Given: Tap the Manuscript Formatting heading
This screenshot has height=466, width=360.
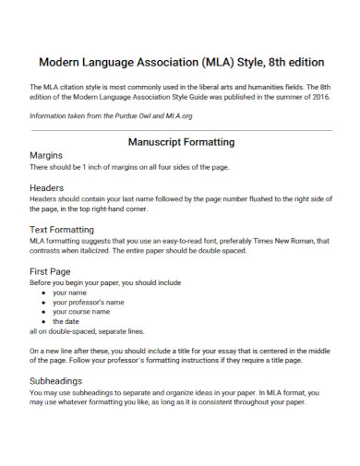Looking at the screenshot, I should (180, 142).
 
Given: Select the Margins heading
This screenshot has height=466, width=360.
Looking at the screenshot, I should (47, 156).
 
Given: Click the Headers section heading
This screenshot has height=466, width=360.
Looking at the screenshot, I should (47, 186).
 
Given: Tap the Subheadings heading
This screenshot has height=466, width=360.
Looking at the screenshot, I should (60, 379).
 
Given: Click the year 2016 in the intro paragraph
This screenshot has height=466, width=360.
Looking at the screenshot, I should (318, 97).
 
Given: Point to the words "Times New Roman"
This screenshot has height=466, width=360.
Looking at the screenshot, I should (278, 241).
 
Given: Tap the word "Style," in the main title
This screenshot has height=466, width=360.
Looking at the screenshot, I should (245, 64).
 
